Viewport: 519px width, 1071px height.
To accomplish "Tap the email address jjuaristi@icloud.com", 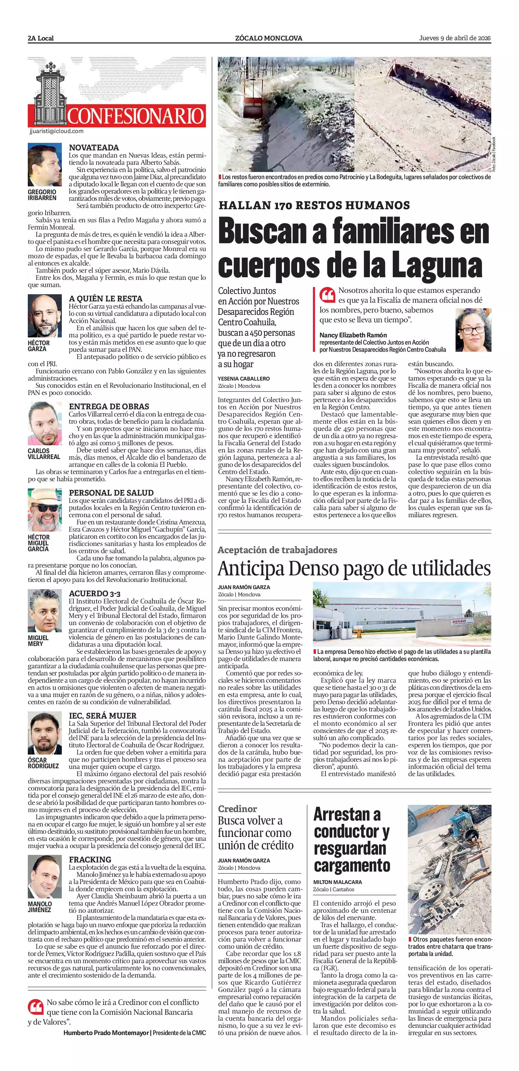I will point(57,131).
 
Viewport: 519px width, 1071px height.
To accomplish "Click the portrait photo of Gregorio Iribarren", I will point(44,165).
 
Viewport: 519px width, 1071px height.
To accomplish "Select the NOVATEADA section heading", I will point(94,147).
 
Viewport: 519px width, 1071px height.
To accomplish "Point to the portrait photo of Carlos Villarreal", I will point(44,424).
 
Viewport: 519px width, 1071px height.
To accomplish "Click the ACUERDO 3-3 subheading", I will point(95,593).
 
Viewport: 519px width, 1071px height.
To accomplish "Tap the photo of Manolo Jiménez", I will point(44,877).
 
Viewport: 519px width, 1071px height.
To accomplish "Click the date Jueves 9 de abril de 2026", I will point(455,38).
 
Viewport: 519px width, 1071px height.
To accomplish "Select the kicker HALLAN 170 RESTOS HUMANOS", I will point(314,205).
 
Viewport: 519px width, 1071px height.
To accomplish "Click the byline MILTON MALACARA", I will point(338,882).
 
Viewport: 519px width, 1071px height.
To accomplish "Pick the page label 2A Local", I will point(41,38).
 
